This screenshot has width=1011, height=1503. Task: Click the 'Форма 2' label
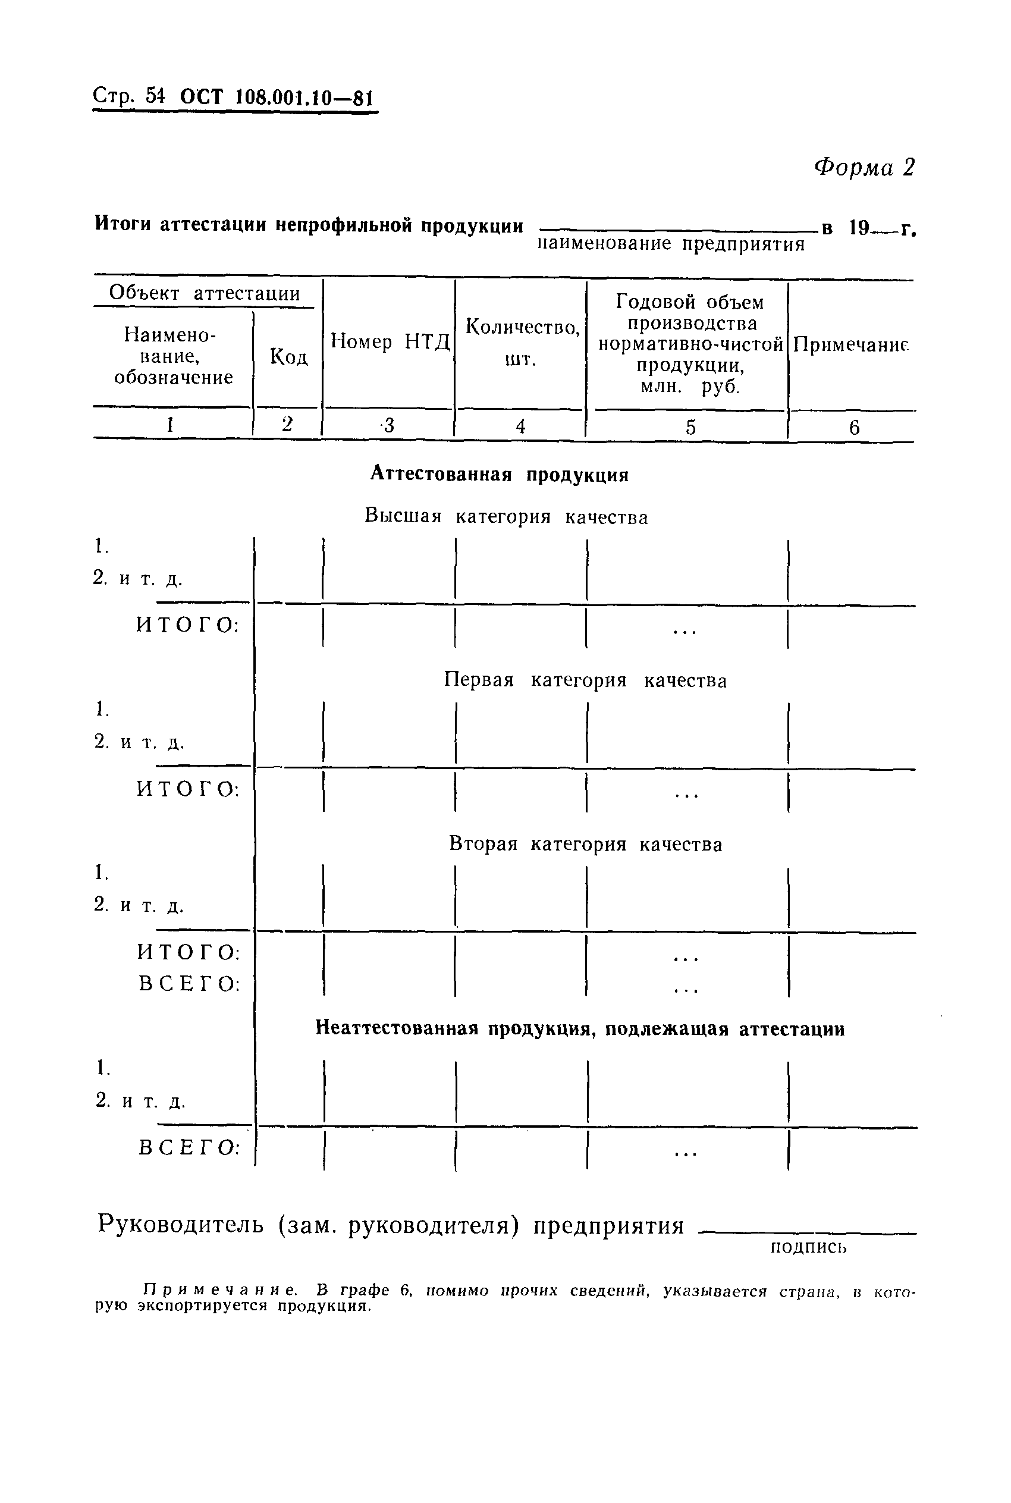864,168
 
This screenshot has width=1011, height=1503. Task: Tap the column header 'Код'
288,356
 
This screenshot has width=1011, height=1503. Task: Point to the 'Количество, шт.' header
522,342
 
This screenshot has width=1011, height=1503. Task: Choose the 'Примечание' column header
850,345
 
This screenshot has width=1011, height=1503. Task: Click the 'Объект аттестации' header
205,293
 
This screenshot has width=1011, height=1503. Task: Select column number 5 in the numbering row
690,427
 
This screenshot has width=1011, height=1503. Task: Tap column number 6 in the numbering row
853,428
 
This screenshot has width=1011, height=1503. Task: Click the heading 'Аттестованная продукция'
500,475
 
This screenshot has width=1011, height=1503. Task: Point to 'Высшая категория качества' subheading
506,516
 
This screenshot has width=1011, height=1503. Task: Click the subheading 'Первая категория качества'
585,680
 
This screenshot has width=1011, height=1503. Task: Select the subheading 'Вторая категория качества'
585,844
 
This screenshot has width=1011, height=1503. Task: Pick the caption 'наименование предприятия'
671,244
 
